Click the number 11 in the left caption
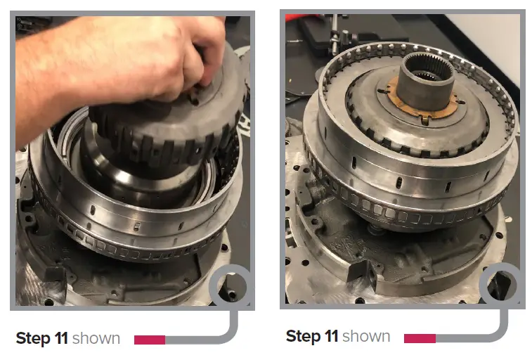pos(61,339)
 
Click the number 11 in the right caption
pos(331,336)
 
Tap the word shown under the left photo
pos(96,339)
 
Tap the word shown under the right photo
pos(366,336)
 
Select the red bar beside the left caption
pos(149,340)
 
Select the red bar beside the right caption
pos(420,338)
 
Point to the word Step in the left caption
pos(33,339)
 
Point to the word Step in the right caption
pos(303,336)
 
